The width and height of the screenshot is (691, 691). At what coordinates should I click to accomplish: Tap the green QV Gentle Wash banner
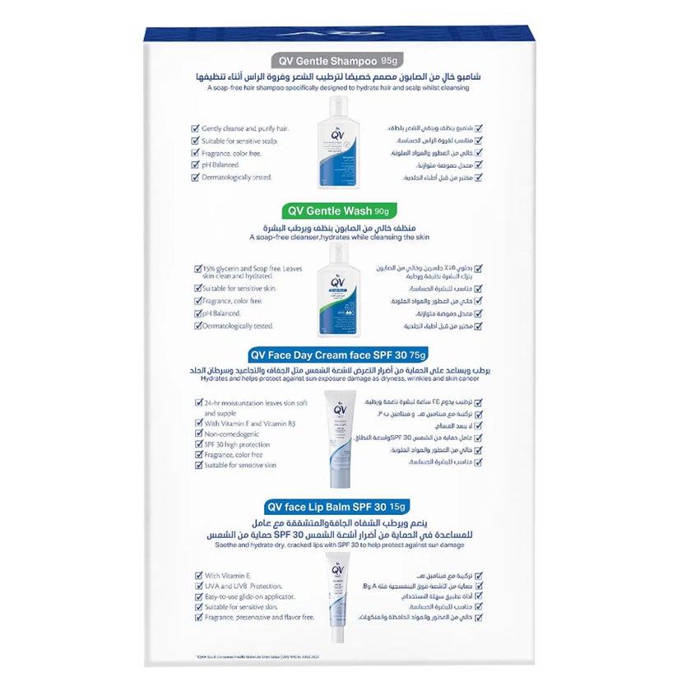(x=338, y=211)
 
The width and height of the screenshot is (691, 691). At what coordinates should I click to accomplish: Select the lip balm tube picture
(x=338, y=596)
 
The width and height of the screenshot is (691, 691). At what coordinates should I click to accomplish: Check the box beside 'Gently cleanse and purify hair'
(x=196, y=129)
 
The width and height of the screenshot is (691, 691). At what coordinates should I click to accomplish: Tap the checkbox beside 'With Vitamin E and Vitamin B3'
(x=196, y=424)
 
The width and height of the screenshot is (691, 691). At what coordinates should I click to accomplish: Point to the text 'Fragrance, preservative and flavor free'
(x=262, y=617)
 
